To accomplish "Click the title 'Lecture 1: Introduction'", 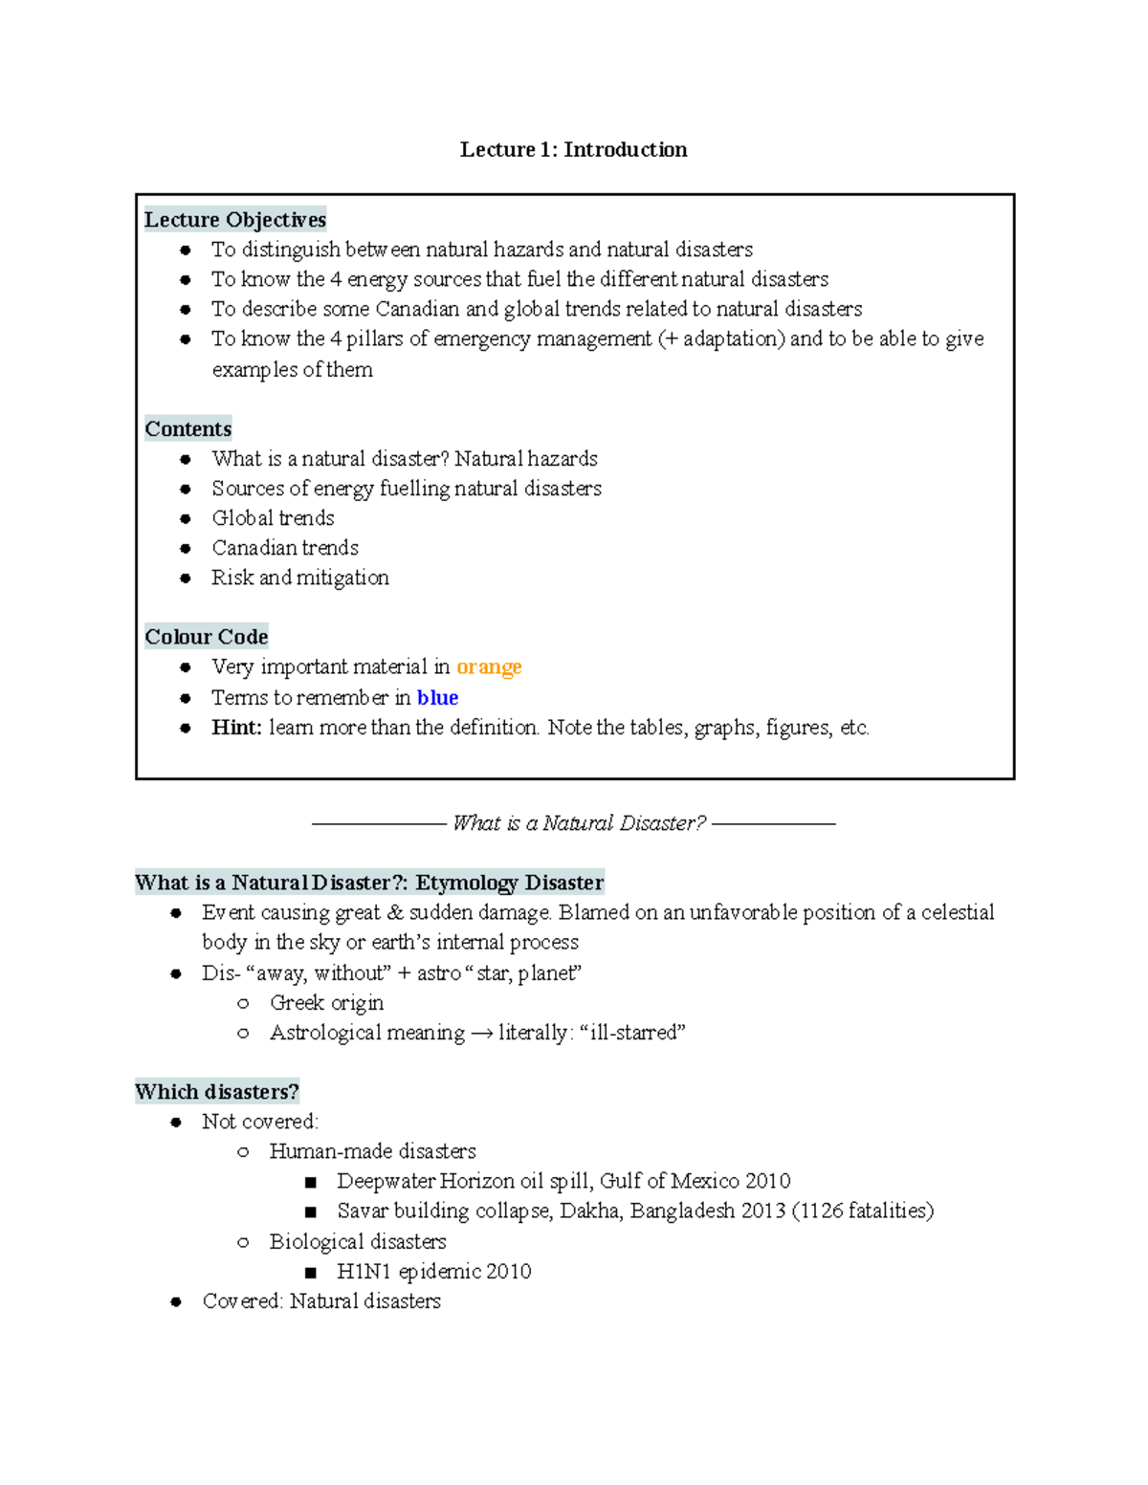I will [573, 149].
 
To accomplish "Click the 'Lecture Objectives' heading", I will [234, 220].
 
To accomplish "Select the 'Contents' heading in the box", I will [188, 428].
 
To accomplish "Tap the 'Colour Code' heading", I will [206, 637].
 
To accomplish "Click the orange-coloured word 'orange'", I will [489, 666].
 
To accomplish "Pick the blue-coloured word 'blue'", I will [437, 697].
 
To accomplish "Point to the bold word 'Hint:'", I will [236, 728].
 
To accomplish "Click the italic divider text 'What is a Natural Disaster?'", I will [579, 823].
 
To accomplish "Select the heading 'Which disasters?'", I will [217, 1092].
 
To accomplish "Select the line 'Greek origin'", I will [326, 1003].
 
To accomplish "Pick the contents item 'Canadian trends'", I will [285, 548].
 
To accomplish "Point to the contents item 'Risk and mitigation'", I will [300, 578].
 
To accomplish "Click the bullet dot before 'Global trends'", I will [186, 519].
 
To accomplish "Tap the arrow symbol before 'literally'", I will [481, 1034].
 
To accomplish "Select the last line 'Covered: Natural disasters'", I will [321, 1301].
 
